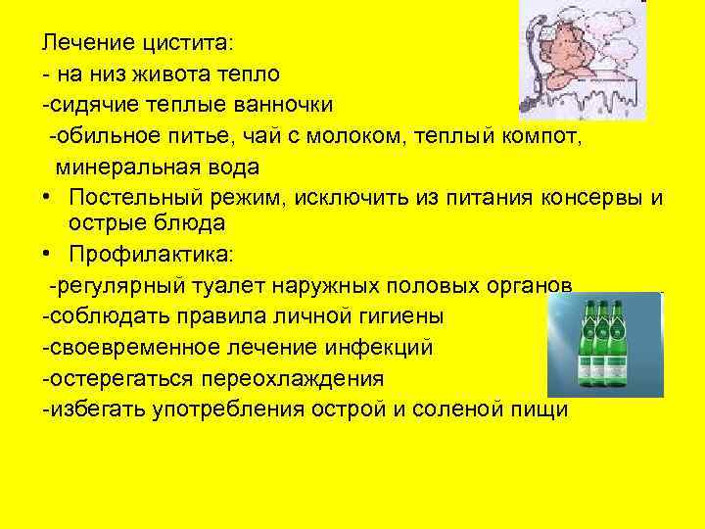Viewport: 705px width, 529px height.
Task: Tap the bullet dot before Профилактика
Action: pos(46,256)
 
